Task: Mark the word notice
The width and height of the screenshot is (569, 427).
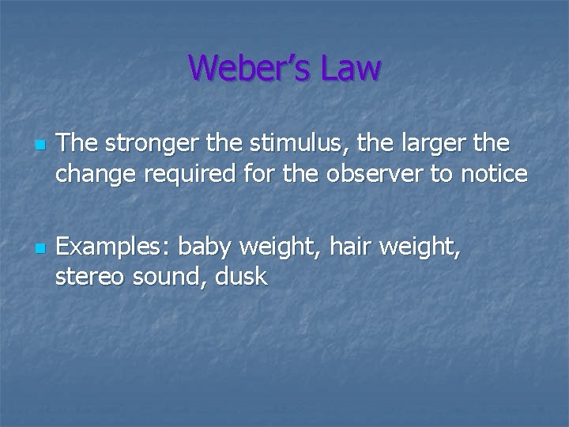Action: pos(495,173)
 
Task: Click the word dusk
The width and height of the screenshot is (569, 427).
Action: pos(243,277)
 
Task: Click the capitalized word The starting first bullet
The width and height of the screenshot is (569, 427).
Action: pos(75,145)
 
